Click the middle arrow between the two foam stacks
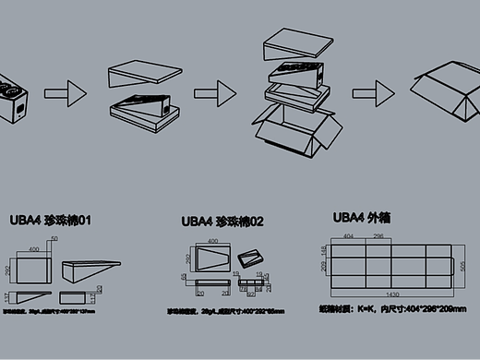(218, 92)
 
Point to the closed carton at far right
(445, 89)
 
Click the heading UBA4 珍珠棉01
(50, 221)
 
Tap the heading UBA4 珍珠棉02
(222, 222)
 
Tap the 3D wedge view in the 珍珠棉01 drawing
(90, 271)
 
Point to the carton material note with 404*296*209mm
(391, 309)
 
